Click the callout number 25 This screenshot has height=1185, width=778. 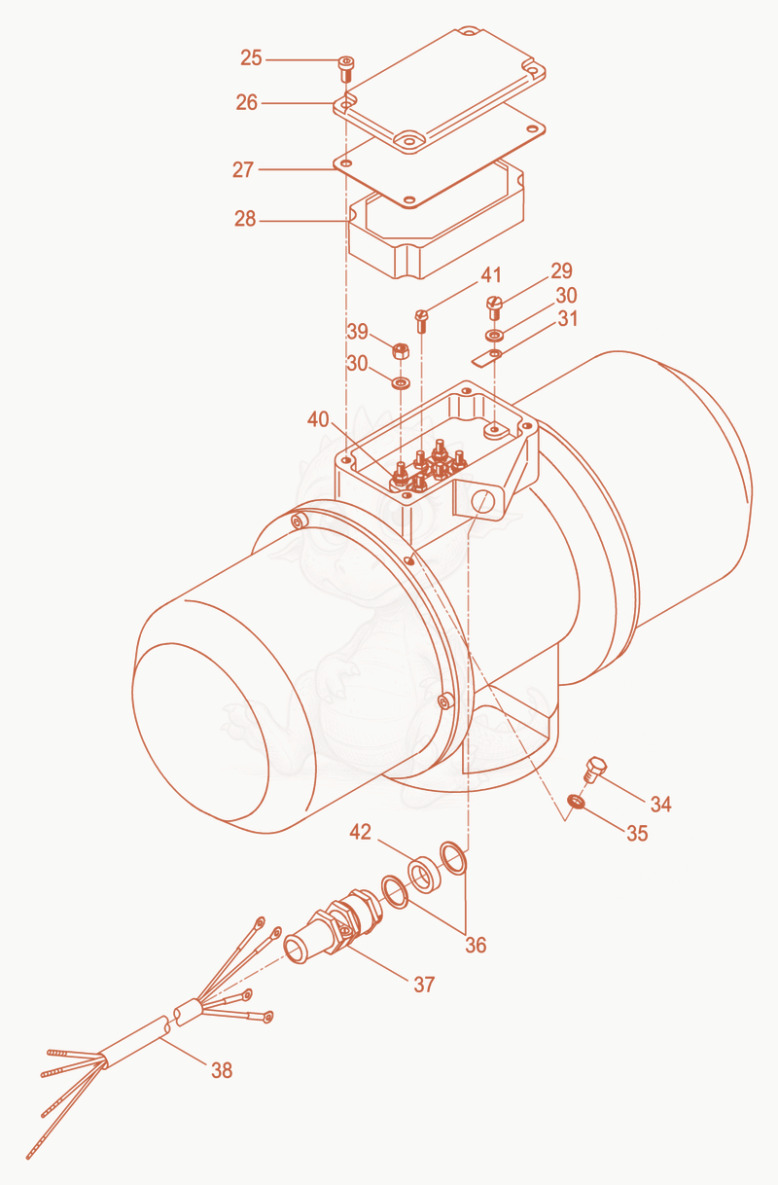(251, 57)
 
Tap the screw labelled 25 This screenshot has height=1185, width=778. (346, 69)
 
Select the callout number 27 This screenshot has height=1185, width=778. (243, 170)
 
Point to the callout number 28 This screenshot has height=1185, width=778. (245, 219)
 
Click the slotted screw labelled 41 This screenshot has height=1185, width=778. (421, 321)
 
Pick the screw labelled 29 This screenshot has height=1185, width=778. (493, 307)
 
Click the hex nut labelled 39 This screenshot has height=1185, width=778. (401, 350)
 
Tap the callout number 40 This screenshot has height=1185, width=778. (318, 419)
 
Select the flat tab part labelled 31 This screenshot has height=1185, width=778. (486, 357)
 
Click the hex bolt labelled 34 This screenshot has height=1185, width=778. (595, 769)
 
